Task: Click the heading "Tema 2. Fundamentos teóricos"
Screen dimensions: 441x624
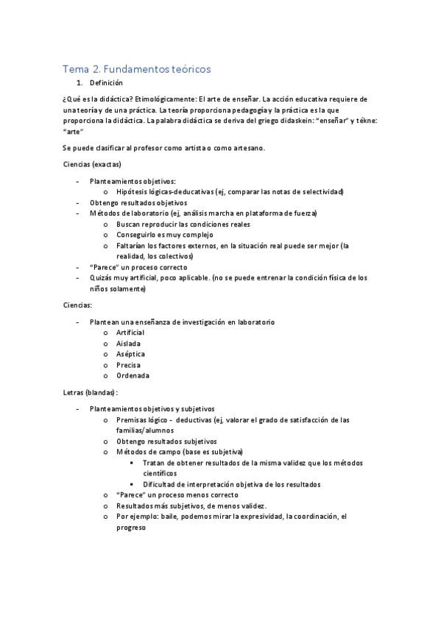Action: pos(137,68)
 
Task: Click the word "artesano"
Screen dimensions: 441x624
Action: pos(243,148)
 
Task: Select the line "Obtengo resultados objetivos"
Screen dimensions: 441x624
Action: pos(138,202)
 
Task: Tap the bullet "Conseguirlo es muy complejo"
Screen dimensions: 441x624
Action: pos(163,235)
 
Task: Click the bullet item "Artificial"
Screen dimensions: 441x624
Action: pos(130,333)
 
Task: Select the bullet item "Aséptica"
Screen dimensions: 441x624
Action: pos(130,354)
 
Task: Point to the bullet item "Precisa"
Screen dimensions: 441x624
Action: pos(128,365)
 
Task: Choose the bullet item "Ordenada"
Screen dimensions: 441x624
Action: pos(133,375)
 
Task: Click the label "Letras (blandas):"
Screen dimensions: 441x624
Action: pos(91,392)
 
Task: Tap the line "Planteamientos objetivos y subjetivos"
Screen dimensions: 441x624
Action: pos(152,408)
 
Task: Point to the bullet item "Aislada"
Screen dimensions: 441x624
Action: pos(128,344)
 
